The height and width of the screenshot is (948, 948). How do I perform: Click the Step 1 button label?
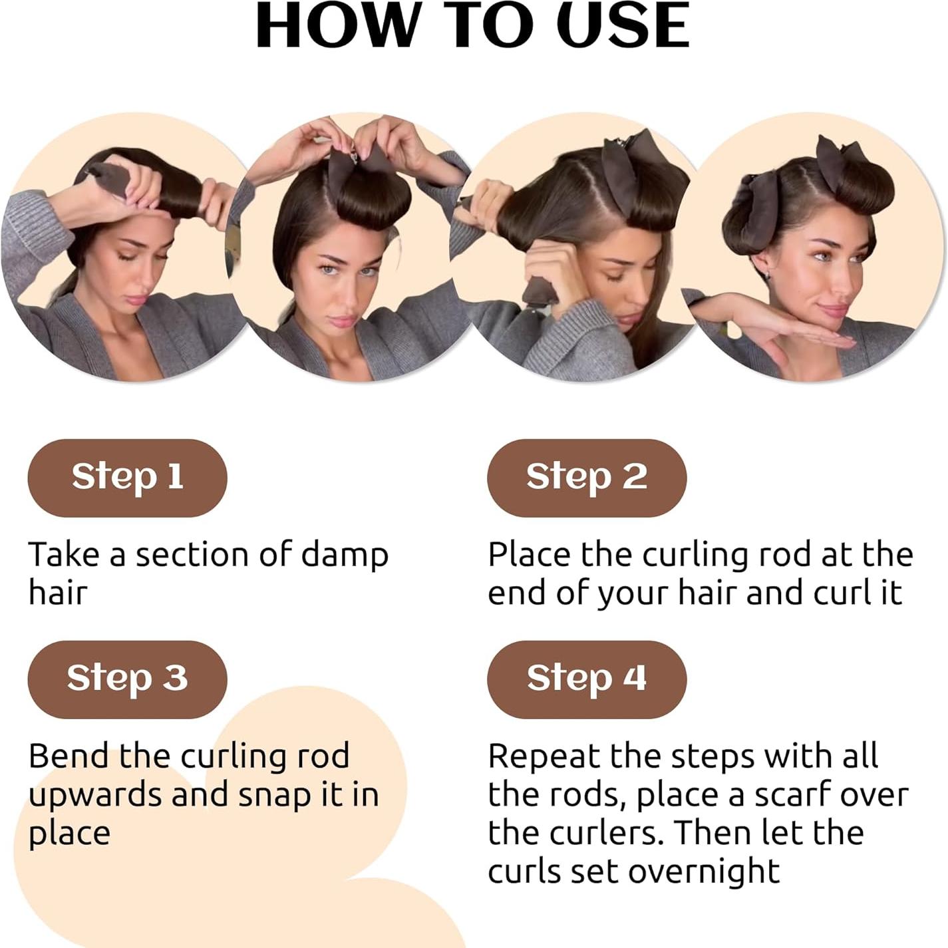(x=127, y=478)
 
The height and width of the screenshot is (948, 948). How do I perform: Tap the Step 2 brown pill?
(x=586, y=478)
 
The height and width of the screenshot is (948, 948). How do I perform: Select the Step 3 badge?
(x=127, y=679)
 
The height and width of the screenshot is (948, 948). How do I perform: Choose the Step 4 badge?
(x=586, y=679)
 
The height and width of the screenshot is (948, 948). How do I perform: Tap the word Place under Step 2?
(x=530, y=555)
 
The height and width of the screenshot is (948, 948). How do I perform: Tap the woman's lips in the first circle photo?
(x=134, y=300)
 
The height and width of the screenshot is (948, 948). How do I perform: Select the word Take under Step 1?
(x=63, y=555)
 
